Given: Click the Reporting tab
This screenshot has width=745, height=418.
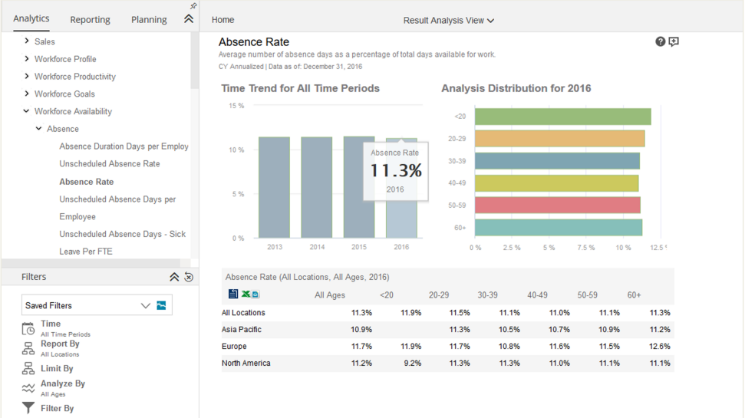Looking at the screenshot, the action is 90,19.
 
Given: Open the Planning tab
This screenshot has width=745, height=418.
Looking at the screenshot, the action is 149,19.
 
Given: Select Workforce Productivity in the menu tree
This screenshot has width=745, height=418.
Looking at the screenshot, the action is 75,77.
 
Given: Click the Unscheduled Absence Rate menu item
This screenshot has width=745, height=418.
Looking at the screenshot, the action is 110,164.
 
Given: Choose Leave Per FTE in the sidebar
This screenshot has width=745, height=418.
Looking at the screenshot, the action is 86,252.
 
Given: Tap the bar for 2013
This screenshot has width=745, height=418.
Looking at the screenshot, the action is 274,188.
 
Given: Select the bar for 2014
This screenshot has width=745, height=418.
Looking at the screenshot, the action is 316,188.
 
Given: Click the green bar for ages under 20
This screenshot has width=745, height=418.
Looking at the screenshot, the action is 563,117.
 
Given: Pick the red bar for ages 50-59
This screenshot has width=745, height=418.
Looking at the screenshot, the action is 558,206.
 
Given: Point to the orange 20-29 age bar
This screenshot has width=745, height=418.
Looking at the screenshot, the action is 560,139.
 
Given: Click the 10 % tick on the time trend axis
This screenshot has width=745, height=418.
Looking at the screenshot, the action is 236,150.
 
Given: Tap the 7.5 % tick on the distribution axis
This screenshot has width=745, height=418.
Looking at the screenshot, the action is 586,248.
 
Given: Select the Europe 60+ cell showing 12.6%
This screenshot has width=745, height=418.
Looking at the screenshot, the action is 660,346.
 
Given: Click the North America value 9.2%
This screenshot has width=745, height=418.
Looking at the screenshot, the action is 413,363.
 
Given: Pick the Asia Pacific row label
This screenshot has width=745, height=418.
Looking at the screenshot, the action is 242,329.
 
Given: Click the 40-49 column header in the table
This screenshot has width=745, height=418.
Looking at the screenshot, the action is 537,295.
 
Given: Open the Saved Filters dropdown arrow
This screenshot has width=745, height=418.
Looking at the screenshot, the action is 145,305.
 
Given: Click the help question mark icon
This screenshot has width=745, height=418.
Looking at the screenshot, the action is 661,41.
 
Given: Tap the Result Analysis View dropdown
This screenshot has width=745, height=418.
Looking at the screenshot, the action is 449,21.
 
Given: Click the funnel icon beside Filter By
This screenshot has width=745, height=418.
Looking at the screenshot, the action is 28,408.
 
